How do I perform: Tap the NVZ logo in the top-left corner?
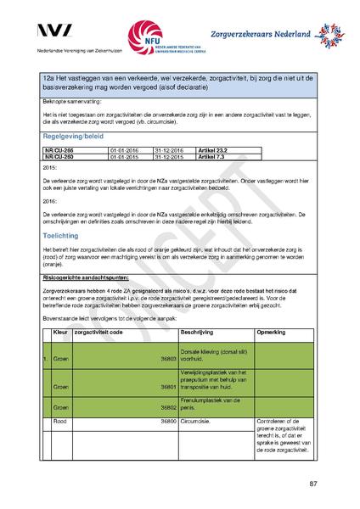point(55,32)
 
